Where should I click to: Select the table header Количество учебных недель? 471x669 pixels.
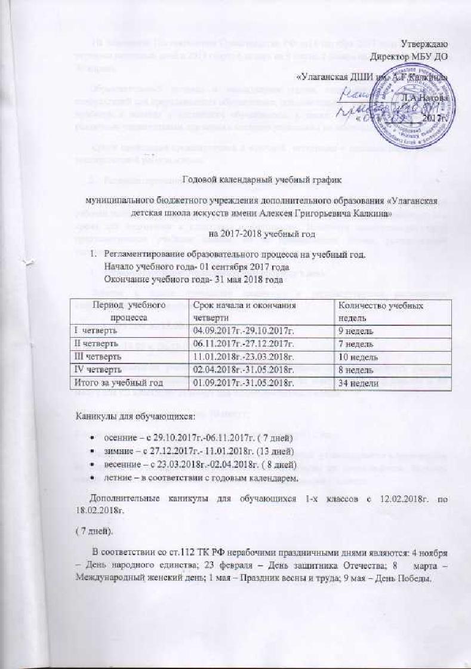pos(371,309)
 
